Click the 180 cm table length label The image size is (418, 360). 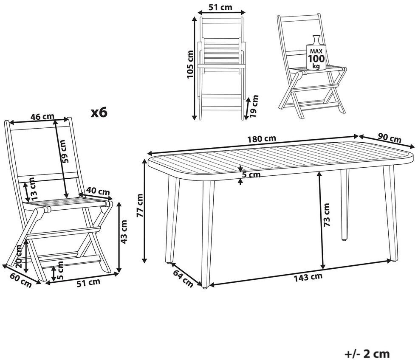pyautogui.click(x=261, y=139)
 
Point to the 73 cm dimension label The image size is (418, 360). pyautogui.click(x=326, y=215)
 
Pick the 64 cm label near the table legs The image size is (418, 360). pyautogui.click(x=183, y=279)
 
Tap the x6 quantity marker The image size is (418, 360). pyautogui.click(x=99, y=112)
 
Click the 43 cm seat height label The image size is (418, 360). pyautogui.click(x=124, y=232)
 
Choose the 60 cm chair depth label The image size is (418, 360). pyautogui.click(x=21, y=280)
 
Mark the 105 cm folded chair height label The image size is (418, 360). pyautogui.click(x=190, y=65)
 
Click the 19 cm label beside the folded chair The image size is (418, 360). pyautogui.click(x=255, y=106)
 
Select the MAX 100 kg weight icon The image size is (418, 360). pyautogui.click(x=316, y=53)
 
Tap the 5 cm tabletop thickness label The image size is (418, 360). pyautogui.click(x=251, y=175)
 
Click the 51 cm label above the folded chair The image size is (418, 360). pyautogui.click(x=220, y=7)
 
